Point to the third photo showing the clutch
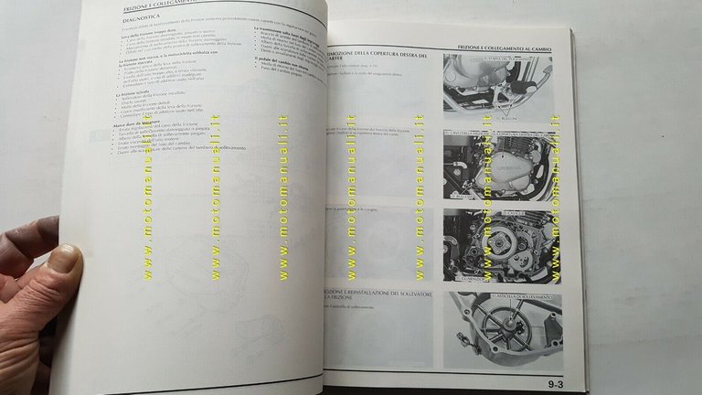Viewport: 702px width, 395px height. pyautogui.click(x=501, y=244)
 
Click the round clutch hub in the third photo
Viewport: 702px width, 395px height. pyautogui.click(x=497, y=245)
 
